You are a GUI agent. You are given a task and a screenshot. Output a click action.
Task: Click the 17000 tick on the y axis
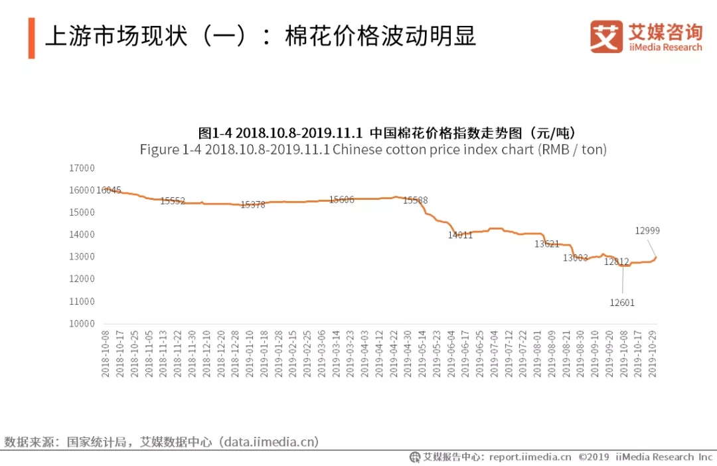(x=82, y=168)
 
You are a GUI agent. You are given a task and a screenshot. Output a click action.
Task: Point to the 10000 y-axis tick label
(x=82, y=324)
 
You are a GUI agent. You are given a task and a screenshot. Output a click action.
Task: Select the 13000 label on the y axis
(x=82, y=257)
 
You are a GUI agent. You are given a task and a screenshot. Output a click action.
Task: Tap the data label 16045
(x=109, y=191)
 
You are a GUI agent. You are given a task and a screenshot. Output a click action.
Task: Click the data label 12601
(x=622, y=303)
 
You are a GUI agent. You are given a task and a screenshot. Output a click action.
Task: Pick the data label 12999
(x=647, y=231)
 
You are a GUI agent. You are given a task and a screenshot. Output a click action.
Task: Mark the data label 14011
(x=460, y=235)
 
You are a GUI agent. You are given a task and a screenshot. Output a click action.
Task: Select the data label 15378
(x=253, y=205)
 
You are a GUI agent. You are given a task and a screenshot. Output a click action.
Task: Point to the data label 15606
(x=341, y=200)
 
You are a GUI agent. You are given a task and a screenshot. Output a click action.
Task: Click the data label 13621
(x=547, y=244)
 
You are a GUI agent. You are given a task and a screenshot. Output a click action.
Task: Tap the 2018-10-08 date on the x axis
(x=106, y=353)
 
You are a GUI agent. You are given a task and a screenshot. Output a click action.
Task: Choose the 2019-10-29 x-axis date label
(x=653, y=353)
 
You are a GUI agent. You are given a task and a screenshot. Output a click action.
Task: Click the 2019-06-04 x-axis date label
(x=451, y=353)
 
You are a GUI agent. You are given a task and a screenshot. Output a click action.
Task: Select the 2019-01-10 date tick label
(x=249, y=353)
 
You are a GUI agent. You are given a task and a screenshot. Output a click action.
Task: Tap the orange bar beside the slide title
(x=31, y=38)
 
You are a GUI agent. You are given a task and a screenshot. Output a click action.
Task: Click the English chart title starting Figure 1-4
(x=373, y=149)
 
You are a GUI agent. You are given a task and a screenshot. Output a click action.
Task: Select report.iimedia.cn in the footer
(x=530, y=457)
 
